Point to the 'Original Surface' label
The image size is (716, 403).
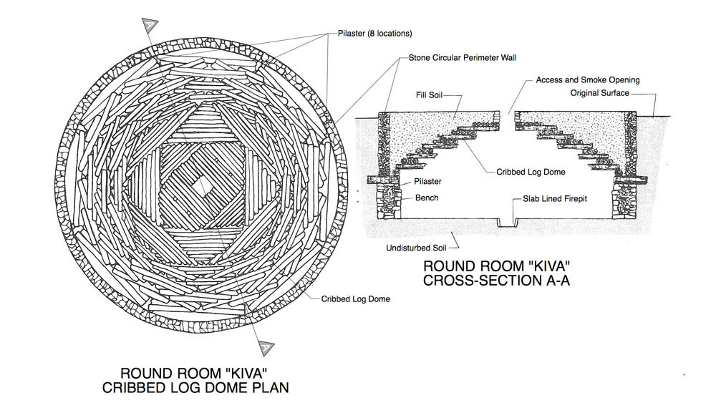tap(599, 93)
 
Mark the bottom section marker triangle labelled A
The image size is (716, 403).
tap(265, 345)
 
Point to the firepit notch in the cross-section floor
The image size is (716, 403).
tap(507, 223)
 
